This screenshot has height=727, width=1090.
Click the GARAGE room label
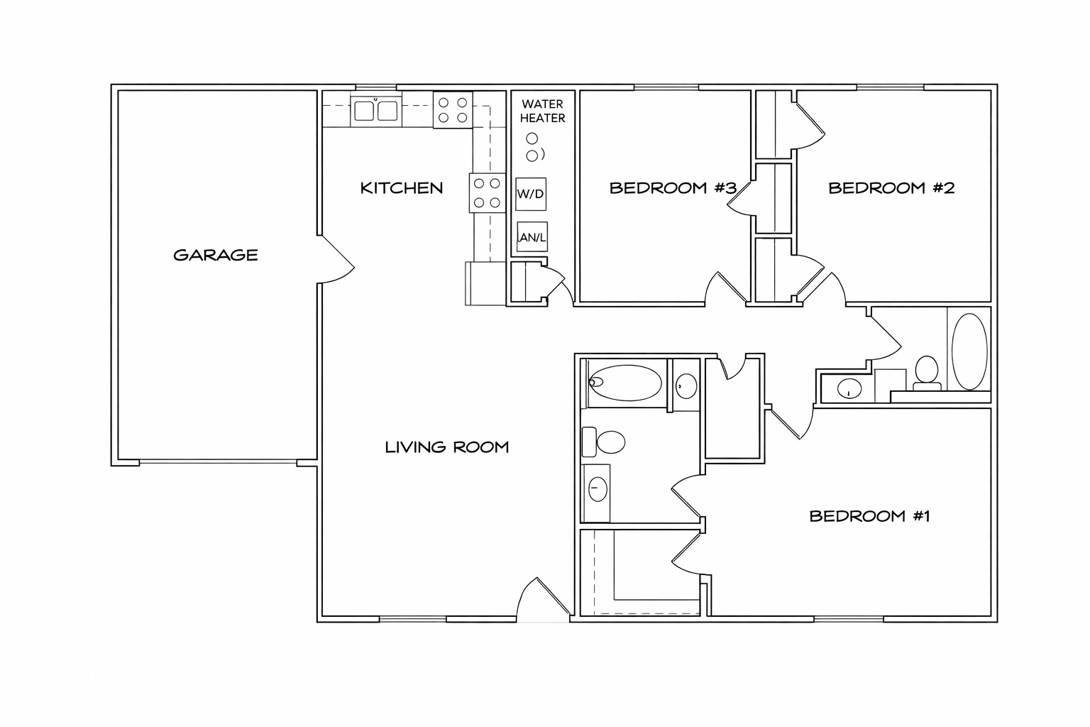click(x=216, y=255)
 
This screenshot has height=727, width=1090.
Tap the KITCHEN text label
click(x=402, y=188)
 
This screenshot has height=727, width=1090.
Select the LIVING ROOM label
click(x=447, y=447)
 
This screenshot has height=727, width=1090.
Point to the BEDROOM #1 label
click(x=869, y=516)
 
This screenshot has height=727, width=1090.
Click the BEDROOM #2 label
click(x=891, y=188)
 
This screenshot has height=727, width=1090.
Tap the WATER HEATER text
click(x=543, y=111)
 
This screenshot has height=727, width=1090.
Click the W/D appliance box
click(x=531, y=194)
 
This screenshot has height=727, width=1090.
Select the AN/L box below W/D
click(x=532, y=238)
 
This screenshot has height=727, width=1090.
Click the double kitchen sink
click(x=375, y=111)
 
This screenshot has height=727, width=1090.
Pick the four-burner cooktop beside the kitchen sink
click(x=453, y=110)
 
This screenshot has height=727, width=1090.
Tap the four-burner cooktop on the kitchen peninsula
click(x=486, y=192)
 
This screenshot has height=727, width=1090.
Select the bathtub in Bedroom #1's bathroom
click(x=625, y=383)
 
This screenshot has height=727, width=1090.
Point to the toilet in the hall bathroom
click(x=926, y=372)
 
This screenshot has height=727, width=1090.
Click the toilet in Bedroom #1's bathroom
click(x=605, y=442)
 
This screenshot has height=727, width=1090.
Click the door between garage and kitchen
click(x=335, y=258)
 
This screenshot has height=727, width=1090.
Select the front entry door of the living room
click(x=545, y=601)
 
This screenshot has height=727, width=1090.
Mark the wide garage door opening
click(x=218, y=463)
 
